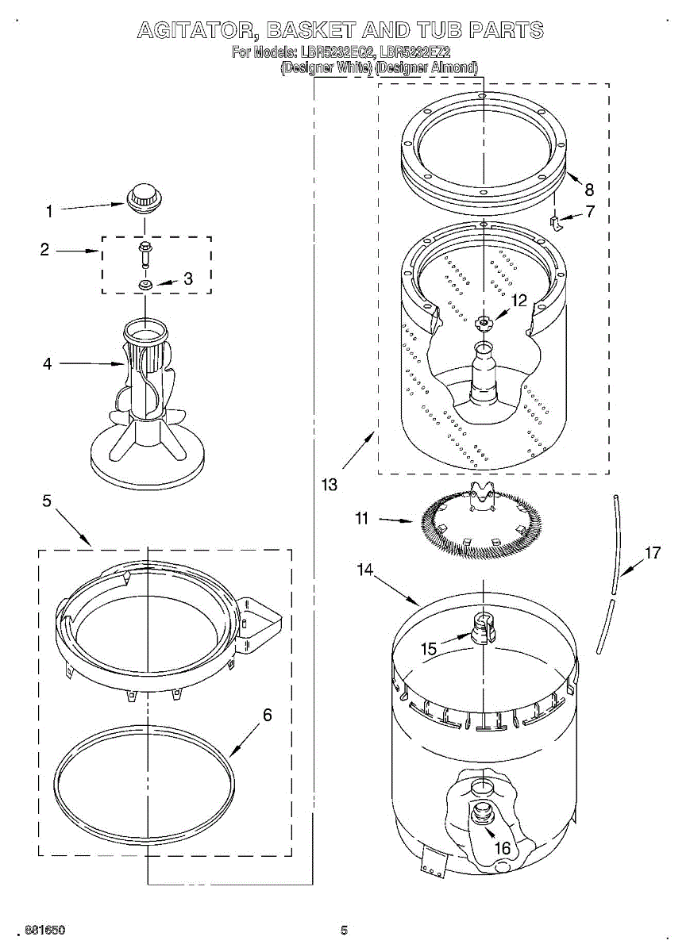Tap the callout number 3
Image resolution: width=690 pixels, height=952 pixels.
click(x=188, y=278)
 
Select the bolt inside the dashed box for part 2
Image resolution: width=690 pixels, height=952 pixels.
click(x=145, y=253)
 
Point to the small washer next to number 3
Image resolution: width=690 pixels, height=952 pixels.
click(x=145, y=284)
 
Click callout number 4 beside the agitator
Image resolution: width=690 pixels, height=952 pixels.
click(x=48, y=364)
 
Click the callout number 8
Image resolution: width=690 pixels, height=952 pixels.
click(x=588, y=190)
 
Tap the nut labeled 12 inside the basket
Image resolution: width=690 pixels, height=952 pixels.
click(x=482, y=322)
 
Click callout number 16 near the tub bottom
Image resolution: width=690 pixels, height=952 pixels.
click(x=503, y=848)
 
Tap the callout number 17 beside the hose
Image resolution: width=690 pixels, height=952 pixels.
click(x=652, y=553)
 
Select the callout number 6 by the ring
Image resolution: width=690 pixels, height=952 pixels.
click(x=268, y=715)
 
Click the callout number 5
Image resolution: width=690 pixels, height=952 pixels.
click(x=47, y=501)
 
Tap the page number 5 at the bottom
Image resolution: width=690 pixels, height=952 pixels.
click(x=344, y=930)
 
